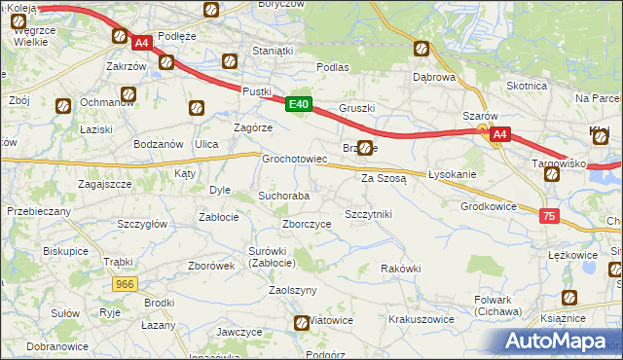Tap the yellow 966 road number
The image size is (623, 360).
(126, 284)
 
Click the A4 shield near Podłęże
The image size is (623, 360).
(141, 43)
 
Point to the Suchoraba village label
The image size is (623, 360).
(283, 196)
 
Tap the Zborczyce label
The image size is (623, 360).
(307, 224)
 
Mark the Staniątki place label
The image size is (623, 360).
(272, 50)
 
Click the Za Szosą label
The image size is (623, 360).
(383, 179)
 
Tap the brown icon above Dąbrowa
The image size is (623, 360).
(421, 48)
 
